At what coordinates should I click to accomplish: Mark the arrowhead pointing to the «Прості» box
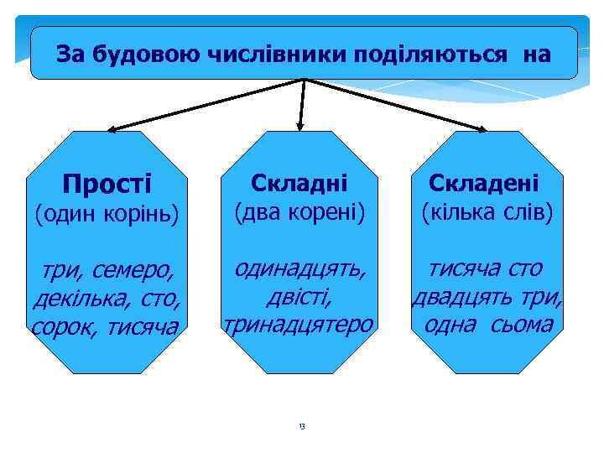click(x=112, y=130)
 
